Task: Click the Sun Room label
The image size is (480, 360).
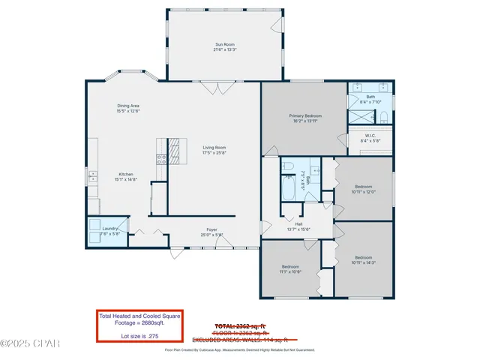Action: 225,45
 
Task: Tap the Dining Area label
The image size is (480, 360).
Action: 127,106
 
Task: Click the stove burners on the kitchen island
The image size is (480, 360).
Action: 160,158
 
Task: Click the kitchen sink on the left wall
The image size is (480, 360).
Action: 93,177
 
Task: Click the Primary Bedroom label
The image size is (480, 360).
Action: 305,115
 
